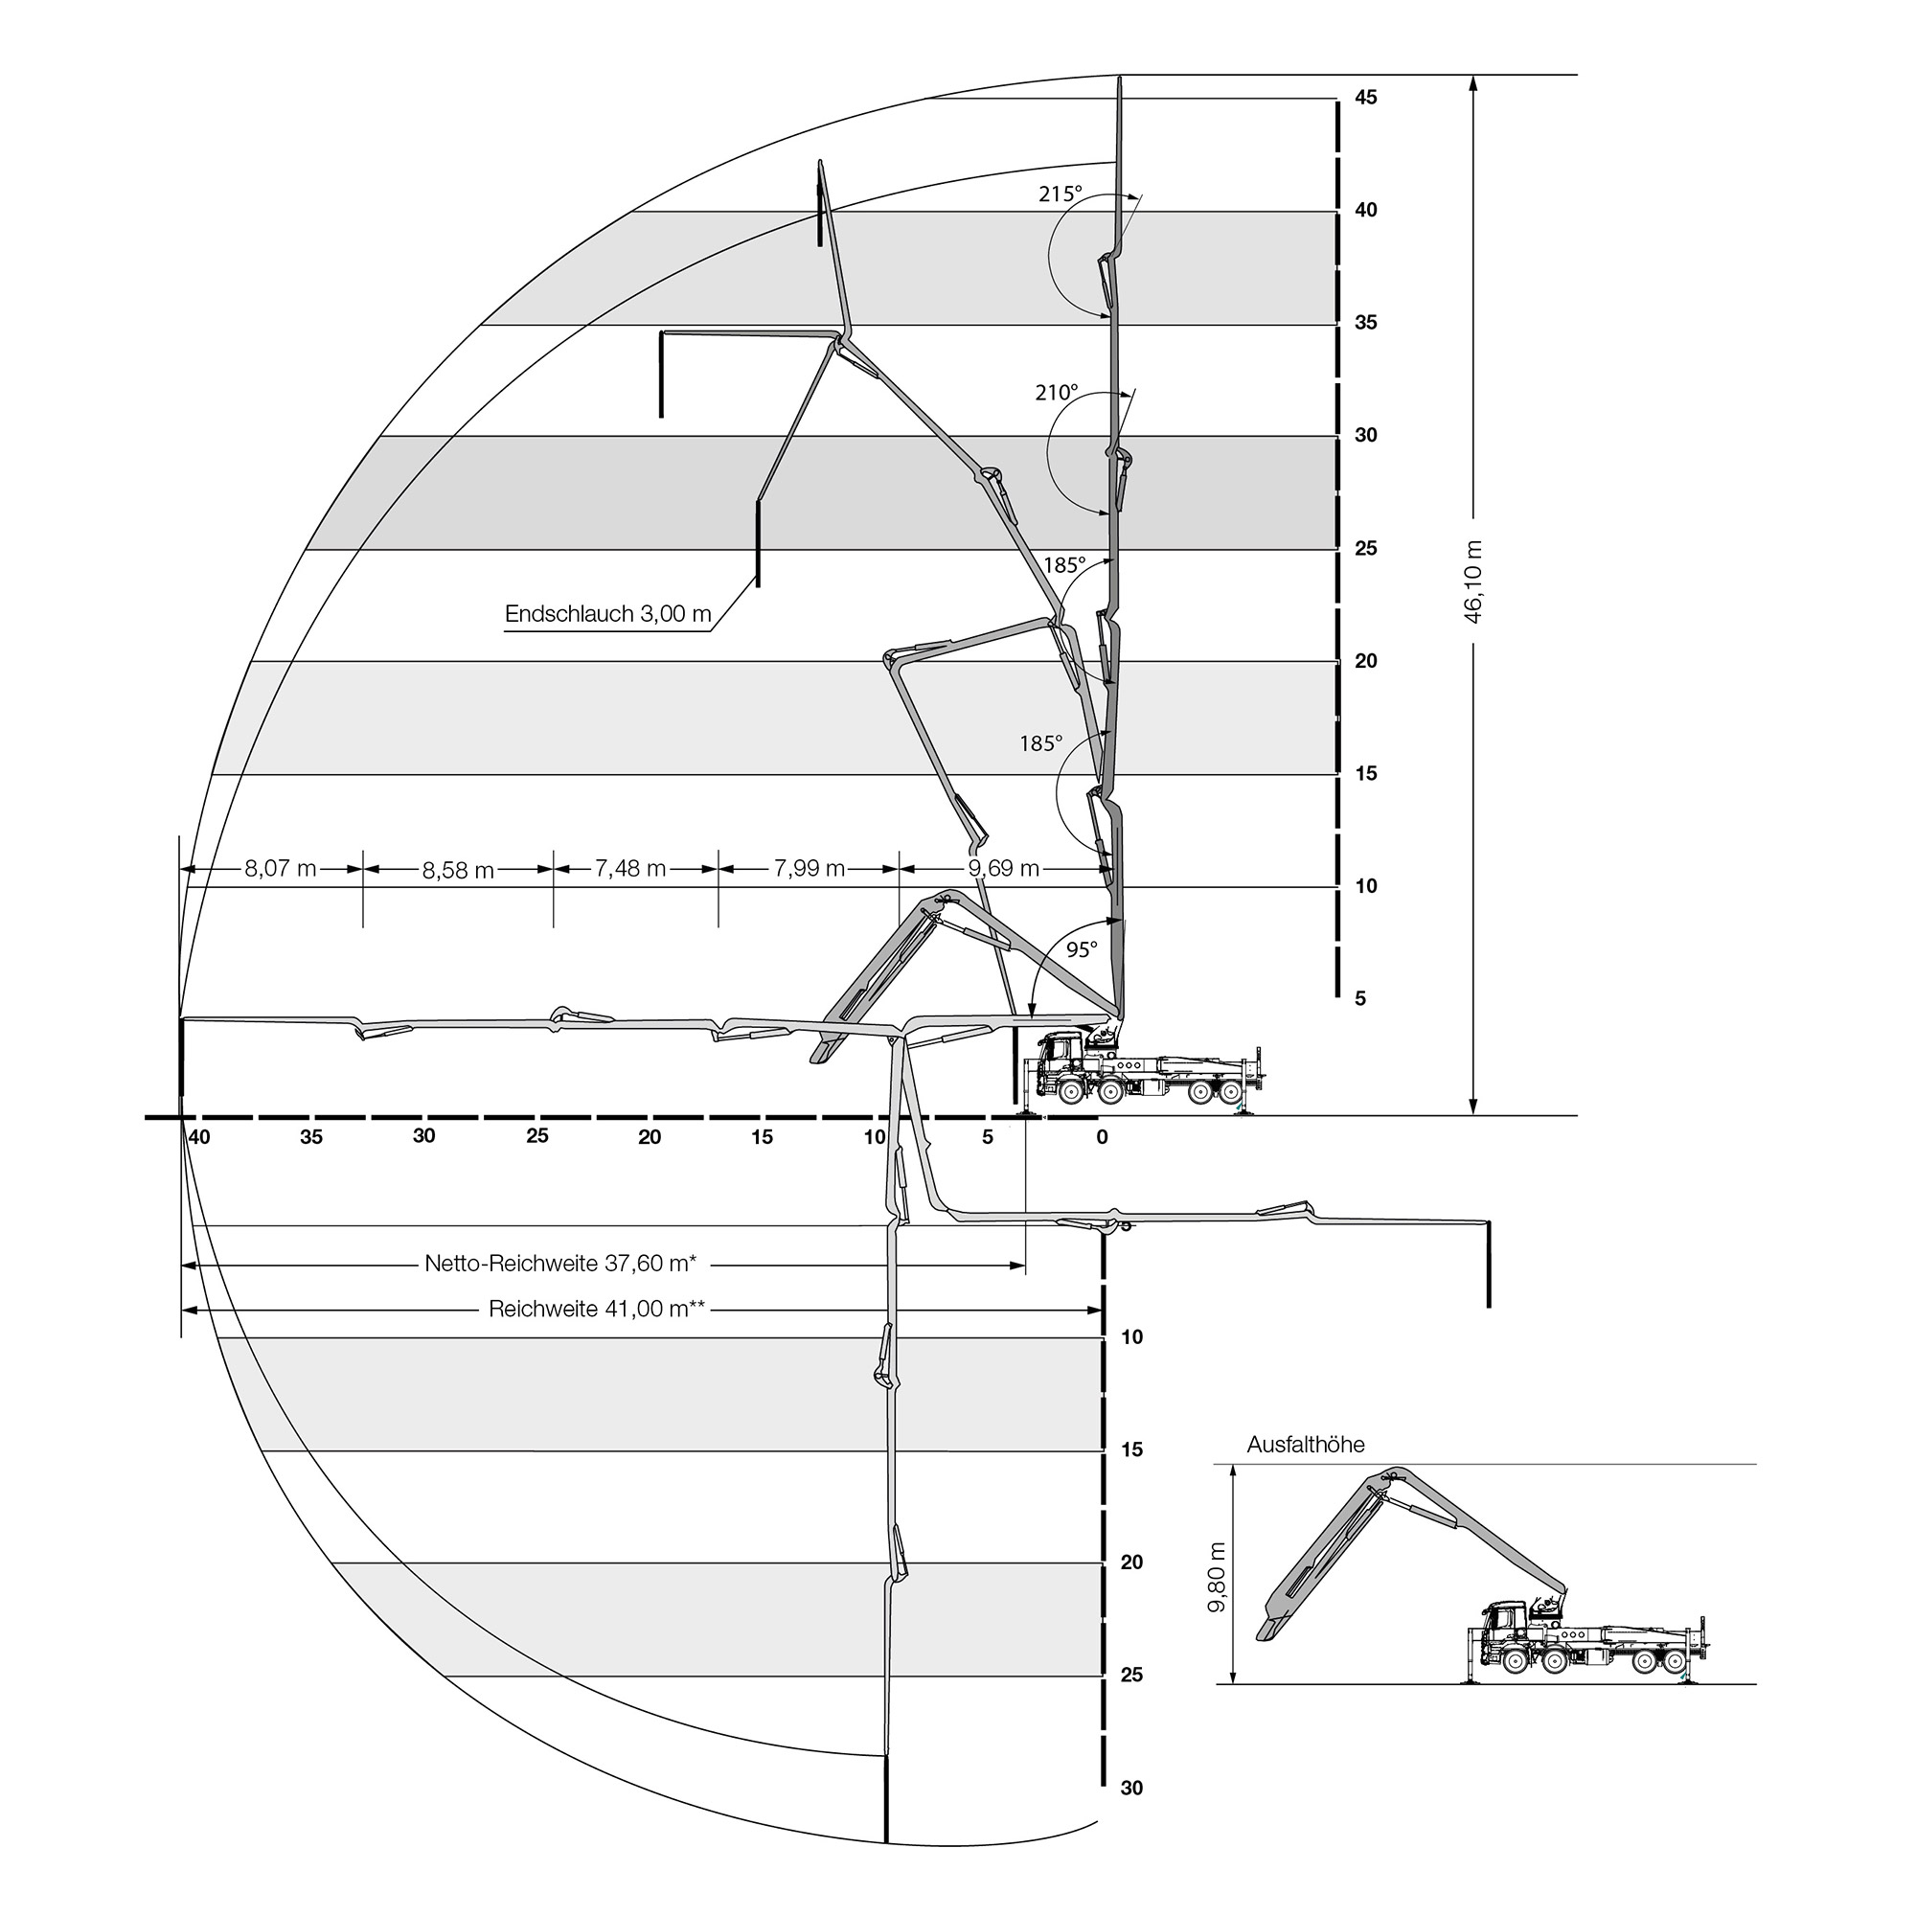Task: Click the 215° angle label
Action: [x=1061, y=194]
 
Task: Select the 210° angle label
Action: [x=1056, y=393]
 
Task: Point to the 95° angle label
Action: [x=1082, y=950]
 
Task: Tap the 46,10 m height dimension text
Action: [x=1473, y=582]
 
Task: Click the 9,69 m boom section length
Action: [x=1004, y=869]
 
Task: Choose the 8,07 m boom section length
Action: [x=281, y=869]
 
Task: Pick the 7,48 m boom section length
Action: [x=630, y=869]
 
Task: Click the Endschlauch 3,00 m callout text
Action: [x=608, y=614]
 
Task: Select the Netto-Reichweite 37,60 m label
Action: [x=560, y=1264]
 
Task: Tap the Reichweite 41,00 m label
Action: [x=597, y=1309]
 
